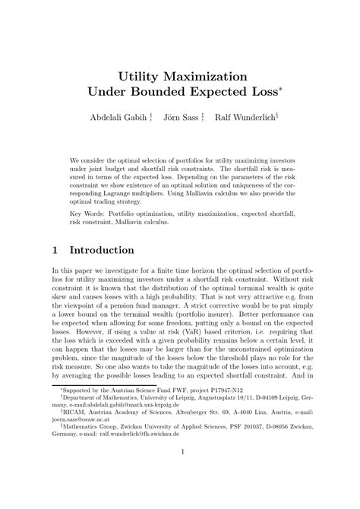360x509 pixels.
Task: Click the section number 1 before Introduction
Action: coord(55,250)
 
